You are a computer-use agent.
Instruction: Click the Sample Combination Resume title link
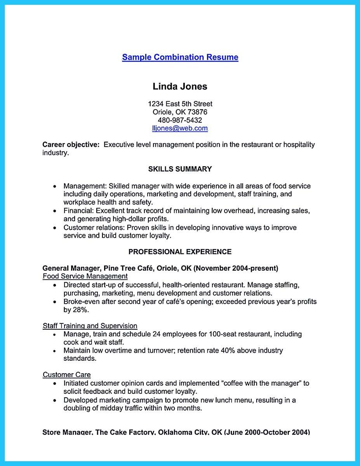pos(180,57)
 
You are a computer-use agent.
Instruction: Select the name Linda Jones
pos(180,86)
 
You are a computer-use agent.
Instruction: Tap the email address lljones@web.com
pos(180,128)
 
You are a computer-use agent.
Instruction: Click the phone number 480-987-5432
pos(180,120)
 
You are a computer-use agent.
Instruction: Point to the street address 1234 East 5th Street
pos(180,104)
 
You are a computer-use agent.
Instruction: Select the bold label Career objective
pos(71,144)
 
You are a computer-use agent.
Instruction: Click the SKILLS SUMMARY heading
pos(180,169)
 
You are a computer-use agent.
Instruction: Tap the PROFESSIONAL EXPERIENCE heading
pos(180,252)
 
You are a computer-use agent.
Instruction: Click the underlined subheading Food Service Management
pos(85,276)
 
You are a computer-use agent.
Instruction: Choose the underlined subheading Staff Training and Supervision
pos(90,326)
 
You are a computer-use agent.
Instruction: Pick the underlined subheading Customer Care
pos(66,375)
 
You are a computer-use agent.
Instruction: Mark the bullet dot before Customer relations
pos(55,228)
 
